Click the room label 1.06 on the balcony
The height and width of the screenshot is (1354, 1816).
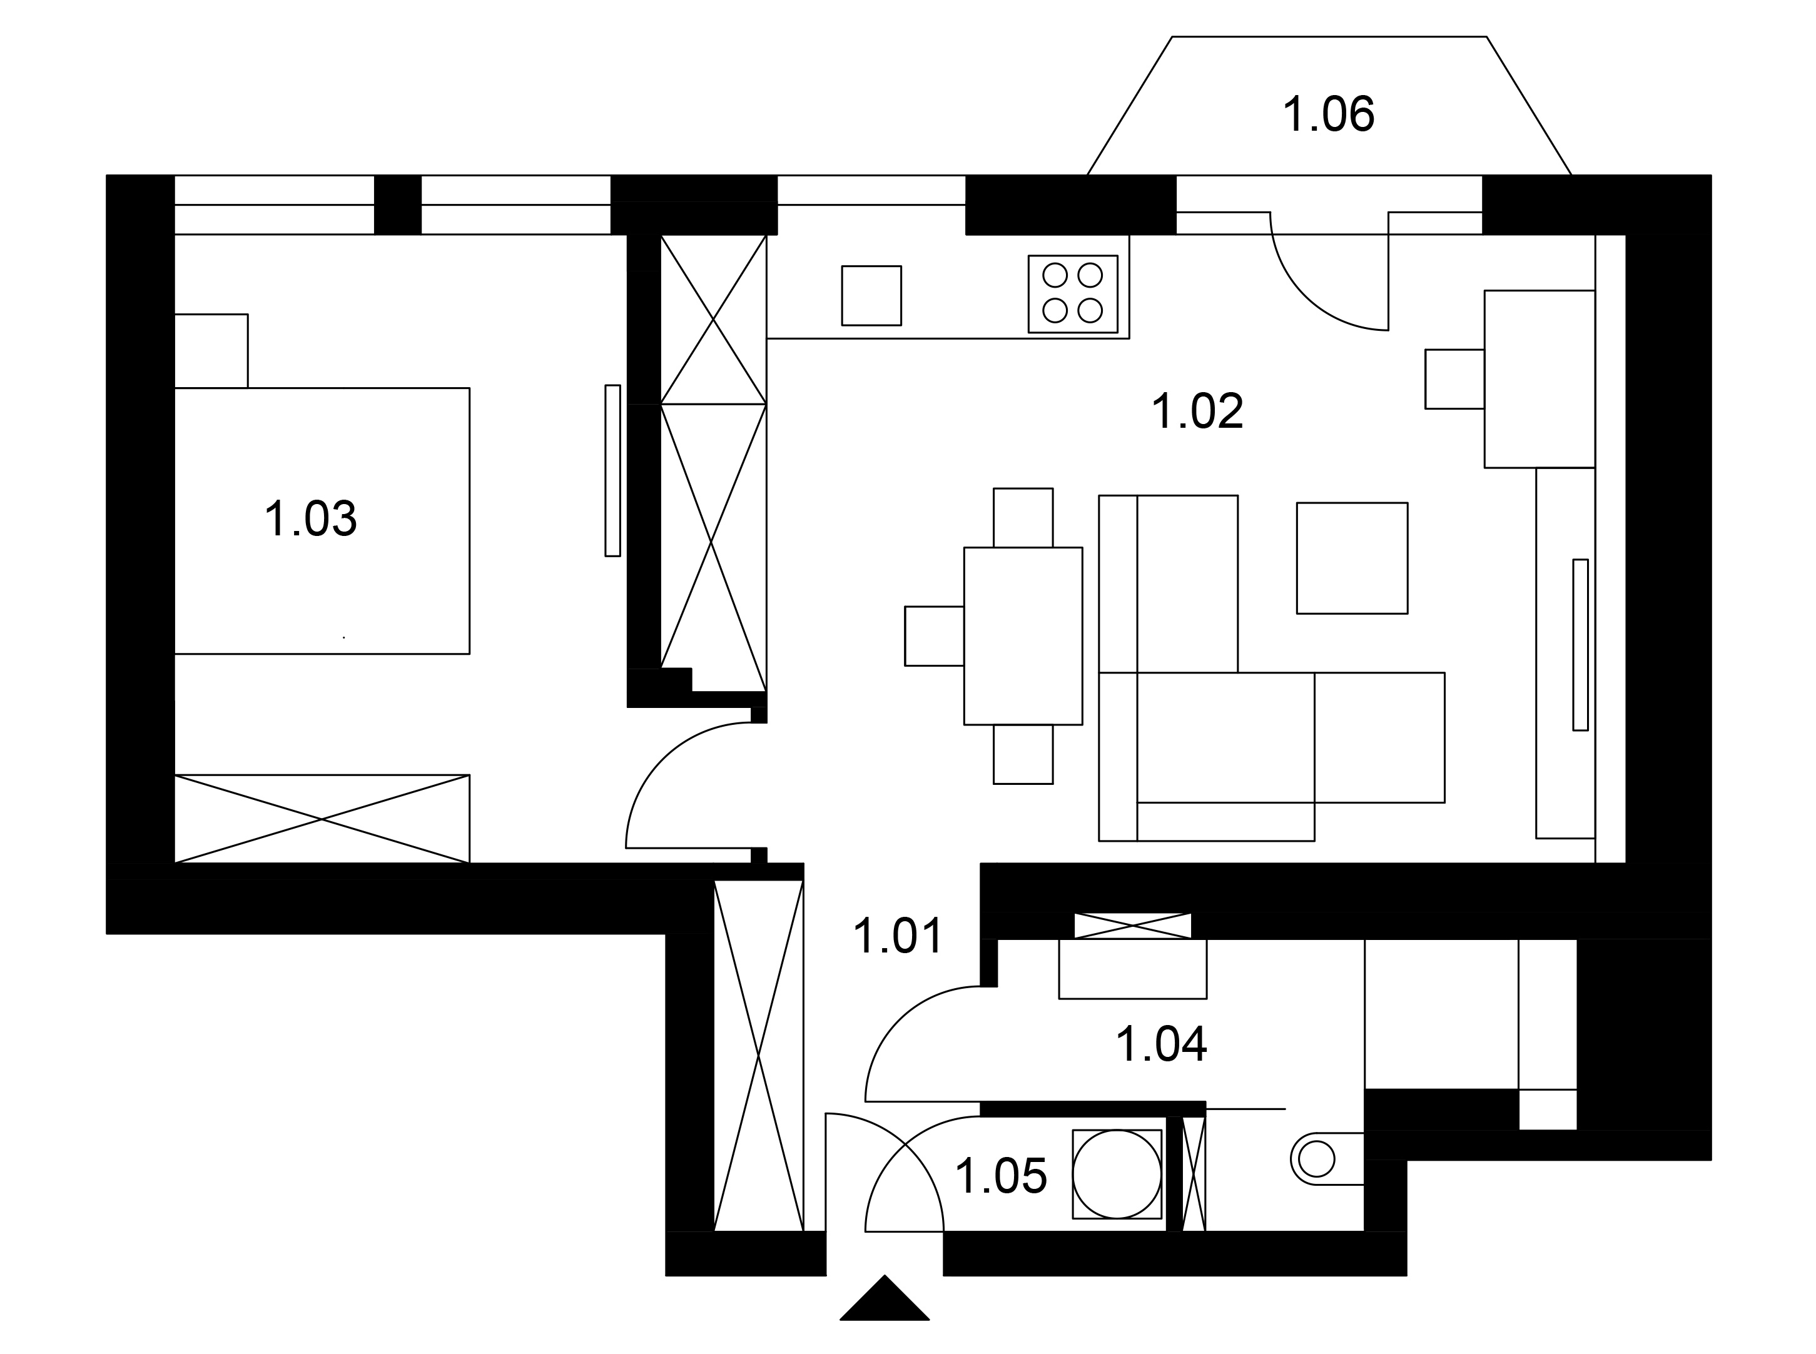pos(1328,114)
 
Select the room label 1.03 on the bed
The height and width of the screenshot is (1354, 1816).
pos(311,520)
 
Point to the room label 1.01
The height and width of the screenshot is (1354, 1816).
pos(898,937)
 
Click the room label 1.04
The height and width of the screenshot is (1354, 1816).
pos(1162,1045)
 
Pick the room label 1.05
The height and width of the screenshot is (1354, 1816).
pos(1001,1177)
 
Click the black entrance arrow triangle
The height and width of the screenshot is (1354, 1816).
pos(885,1298)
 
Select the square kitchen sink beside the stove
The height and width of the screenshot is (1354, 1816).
pos(871,295)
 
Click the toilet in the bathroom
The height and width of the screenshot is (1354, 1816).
pos(1327,1159)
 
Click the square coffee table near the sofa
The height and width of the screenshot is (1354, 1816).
pos(1352,558)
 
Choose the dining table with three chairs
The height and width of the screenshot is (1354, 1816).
pos(1023,636)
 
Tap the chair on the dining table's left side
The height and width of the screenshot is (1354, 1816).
pos(934,636)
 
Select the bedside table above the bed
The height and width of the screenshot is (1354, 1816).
pos(211,351)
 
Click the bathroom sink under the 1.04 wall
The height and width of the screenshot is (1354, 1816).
pos(1133,969)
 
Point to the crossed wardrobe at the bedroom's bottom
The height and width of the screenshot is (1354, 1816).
pos(322,819)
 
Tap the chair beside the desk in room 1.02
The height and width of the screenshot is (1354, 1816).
pos(1454,378)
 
